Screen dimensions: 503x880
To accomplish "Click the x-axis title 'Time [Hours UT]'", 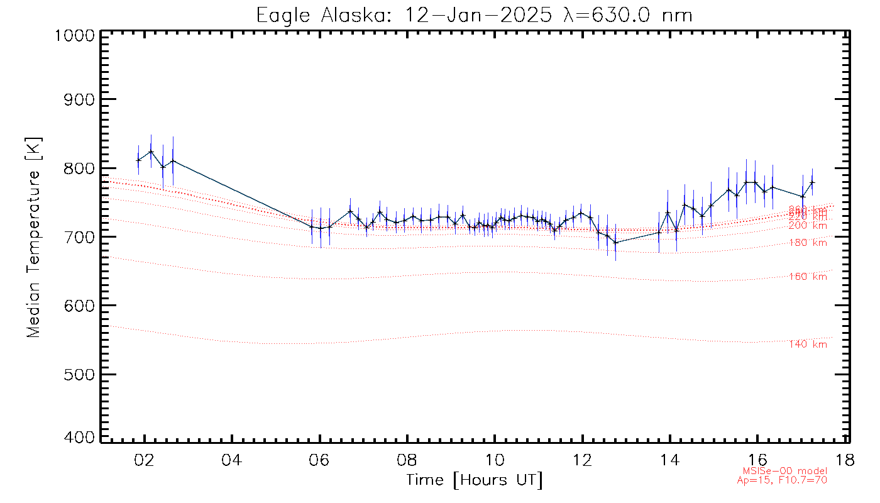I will [474, 480].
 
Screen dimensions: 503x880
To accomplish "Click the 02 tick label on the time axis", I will [145, 460].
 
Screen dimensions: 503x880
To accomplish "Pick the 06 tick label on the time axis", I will [320, 460].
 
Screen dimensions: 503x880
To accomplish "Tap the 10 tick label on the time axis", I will [495, 460].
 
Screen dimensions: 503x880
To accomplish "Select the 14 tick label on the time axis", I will [671, 460].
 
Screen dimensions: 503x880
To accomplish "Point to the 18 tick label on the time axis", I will [845, 460].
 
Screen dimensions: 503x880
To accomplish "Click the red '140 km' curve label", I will [808, 345].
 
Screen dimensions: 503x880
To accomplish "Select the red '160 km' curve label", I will [808, 277].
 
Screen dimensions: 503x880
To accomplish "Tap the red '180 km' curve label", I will [808, 243].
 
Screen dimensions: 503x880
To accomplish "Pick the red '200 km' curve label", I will [808, 226].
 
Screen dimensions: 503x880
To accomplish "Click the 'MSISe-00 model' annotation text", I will [785, 471].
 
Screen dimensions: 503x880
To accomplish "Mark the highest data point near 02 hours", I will [151, 151].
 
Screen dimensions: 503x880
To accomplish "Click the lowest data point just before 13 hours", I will [615, 243].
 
